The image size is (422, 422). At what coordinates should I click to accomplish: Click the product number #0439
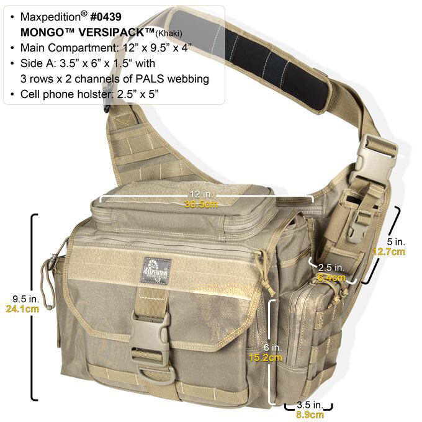[105, 17]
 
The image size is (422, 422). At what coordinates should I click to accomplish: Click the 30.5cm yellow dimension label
[201, 204]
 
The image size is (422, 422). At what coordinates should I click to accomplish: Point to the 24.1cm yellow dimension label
[22, 308]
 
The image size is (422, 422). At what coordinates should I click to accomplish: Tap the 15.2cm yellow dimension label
[265, 357]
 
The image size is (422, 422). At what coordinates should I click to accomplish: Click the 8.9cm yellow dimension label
[310, 415]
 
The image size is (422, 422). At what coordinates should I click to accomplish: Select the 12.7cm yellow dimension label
[389, 251]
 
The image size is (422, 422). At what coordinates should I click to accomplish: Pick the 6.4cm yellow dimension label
[331, 277]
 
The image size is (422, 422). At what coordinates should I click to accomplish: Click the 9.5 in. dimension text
[26, 299]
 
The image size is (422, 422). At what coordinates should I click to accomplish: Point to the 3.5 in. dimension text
[310, 405]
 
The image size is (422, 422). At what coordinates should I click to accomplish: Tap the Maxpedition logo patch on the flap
[156, 271]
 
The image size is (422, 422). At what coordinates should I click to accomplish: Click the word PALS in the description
[150, 79]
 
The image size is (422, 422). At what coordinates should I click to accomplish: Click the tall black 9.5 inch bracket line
[32, 307]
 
